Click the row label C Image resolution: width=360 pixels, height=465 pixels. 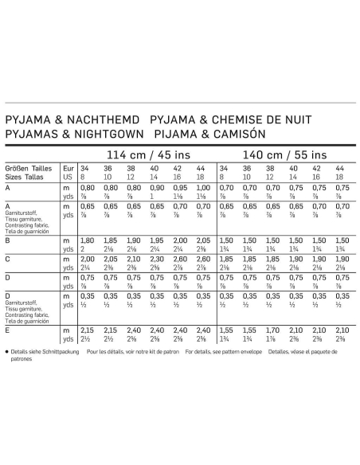7,259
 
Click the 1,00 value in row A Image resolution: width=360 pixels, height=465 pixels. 203,186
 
